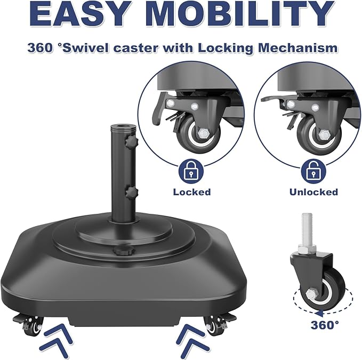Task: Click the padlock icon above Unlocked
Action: point(313,171)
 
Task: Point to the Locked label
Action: point(191,192)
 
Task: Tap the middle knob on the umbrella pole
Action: point(131,190)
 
